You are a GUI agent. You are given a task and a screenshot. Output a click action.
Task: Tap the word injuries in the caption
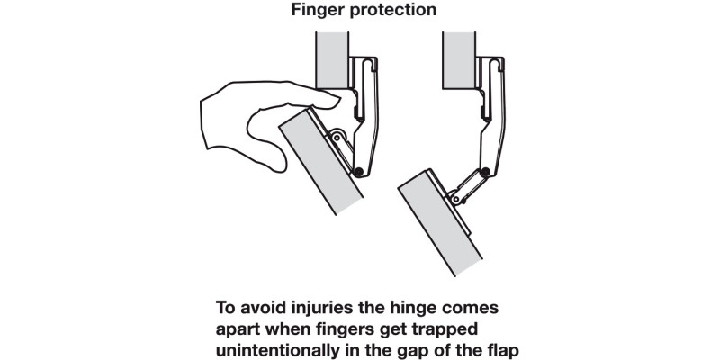(313, 308)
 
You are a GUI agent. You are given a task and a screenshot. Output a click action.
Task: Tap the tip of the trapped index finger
(338, 100)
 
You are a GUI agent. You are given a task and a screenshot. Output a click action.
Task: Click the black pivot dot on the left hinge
(358, 172)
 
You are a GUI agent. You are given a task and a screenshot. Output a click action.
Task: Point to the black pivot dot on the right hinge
(484, 172)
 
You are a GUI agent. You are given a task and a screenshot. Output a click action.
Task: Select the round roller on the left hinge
(337, 136)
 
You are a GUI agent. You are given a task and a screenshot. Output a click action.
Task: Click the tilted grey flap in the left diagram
(320, 162)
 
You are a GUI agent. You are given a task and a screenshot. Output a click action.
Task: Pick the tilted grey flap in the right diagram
(439, 223)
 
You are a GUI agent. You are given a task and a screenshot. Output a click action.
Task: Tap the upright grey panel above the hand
(332, 60)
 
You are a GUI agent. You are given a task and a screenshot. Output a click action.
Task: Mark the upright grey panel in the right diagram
(459, 60)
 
